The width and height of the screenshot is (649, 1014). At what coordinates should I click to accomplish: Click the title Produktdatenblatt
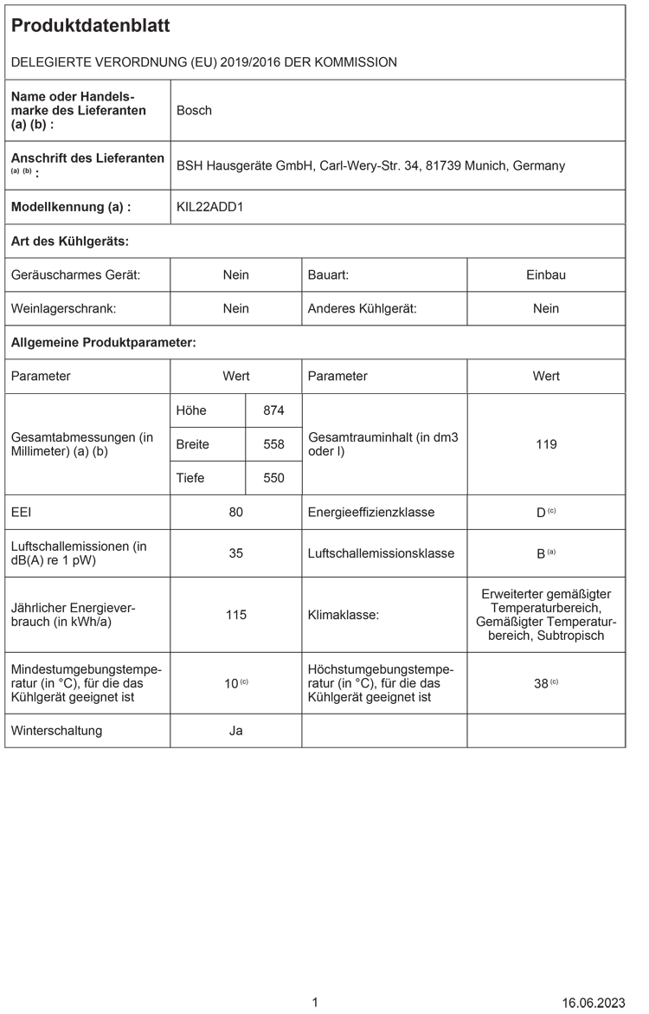(x=90, y=26)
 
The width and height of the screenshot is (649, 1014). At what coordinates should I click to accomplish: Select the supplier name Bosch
(x=194, y=110)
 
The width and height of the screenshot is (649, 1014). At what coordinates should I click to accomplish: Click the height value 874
(x=273, y=410)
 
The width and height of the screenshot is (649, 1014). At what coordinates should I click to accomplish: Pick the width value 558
(x=273, y=444)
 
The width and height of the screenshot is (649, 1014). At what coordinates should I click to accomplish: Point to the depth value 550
(x=273, y=478)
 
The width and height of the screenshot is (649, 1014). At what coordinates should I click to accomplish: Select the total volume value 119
(x=546, y=444)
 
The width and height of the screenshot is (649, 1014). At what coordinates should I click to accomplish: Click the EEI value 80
(x=235, y=512)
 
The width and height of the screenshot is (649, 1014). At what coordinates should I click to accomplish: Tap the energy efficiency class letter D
(x=541, y=513)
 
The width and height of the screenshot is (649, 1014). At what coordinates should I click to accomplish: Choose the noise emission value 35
(x=235, y=552)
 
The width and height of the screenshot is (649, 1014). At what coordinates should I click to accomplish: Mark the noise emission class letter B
(x=541, y=553)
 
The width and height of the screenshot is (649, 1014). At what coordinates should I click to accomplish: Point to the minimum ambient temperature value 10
(x=231, y=683)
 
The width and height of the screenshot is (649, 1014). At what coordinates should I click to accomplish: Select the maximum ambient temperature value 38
(x=541, y=683)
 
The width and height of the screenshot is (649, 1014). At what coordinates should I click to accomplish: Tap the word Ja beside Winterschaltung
(x=235, y=730)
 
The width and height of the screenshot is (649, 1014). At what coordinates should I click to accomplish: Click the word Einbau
(x=546, y=274)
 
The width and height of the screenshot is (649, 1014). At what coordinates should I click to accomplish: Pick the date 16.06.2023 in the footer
(x=593, y=1003)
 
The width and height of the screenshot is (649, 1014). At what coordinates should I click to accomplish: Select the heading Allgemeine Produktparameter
(x=103, y=343)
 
